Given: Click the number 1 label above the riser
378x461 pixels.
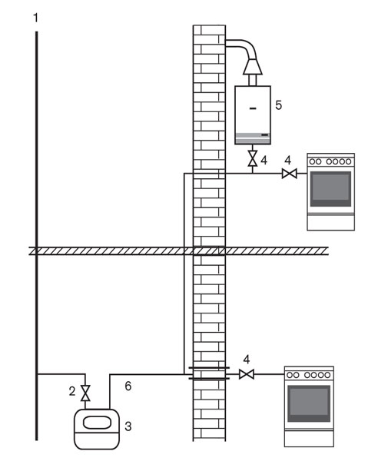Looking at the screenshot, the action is pyautogui.click(x=35, y=18).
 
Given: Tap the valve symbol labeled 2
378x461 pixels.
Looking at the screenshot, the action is pyautogui.click(x=85, y=393).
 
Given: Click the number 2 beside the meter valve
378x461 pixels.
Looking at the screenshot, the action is pyautogui.click(x=72, y=391).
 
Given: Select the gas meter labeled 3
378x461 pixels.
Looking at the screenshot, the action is pyautogui.click(x=97, y=429).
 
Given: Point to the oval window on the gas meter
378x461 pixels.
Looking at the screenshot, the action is pyautogui.click(x=98, y=423).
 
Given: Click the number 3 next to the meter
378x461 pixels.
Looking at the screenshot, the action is pyautogui.click(x=128, y=426).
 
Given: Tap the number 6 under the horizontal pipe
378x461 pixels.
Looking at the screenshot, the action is pyautogui.click(x=128, y=386).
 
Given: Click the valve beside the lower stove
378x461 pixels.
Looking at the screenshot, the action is pyautogui.click(x=247, y=374).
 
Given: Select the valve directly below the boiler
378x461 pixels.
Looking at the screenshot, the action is pyautogui.click(x=253, y=158).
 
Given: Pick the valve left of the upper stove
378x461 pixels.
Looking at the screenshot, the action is pyautogui.click(x=289, y=174).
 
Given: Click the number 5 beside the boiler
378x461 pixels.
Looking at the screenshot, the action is pyautogui.click(x=278, y=105).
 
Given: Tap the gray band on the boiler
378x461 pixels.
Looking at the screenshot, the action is pyautogui.click(x=253, y=136).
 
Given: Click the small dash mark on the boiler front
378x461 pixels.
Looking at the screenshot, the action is pyautogui.click(x=253, y=108).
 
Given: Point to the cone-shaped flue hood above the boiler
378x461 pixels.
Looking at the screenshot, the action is pyautogui.click(x=253, y=66).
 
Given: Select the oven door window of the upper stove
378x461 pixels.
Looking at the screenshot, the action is pyautogui.click(x=330, y=189).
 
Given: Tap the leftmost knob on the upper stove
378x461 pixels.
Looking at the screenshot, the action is pyautogui.click(x=312, y=161).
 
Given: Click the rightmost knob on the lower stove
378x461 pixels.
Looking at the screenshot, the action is pyautogui.click(x=327, y=375).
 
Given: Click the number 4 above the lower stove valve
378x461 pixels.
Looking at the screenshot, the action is pyautogui.click(x=247, y=360).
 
